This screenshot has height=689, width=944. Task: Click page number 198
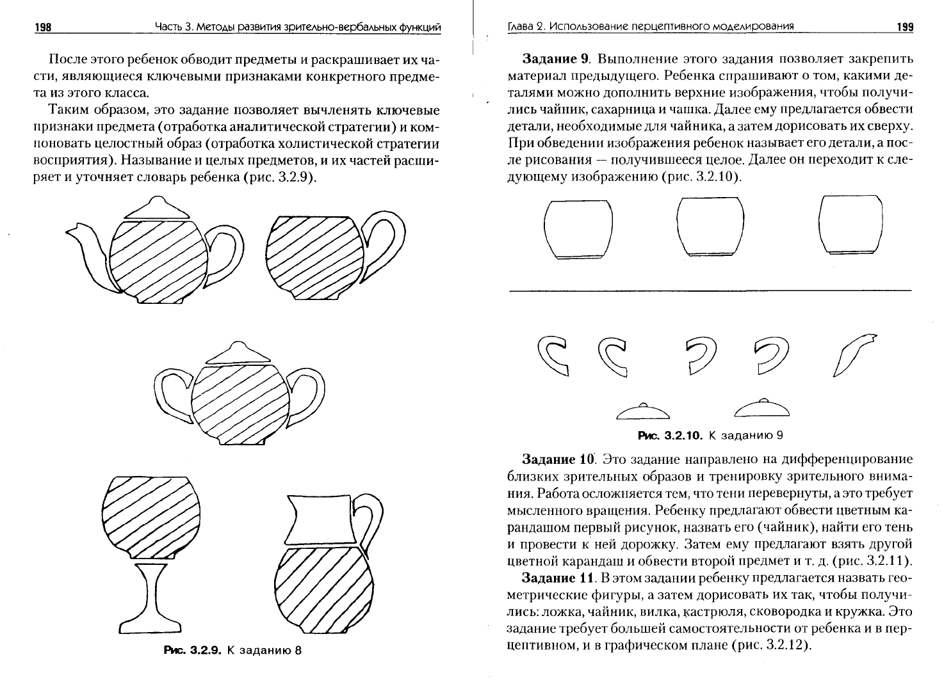tap(43, 28)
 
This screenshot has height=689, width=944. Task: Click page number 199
tap(905, 28)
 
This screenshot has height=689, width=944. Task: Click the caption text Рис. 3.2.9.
tap(192, 650)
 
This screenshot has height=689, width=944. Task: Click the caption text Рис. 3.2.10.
tap(670, 435)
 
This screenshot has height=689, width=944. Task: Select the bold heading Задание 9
tap(555, 58)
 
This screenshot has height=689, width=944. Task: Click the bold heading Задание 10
tap(558, 459)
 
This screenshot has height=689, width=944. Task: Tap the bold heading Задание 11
tap(557, 578)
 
